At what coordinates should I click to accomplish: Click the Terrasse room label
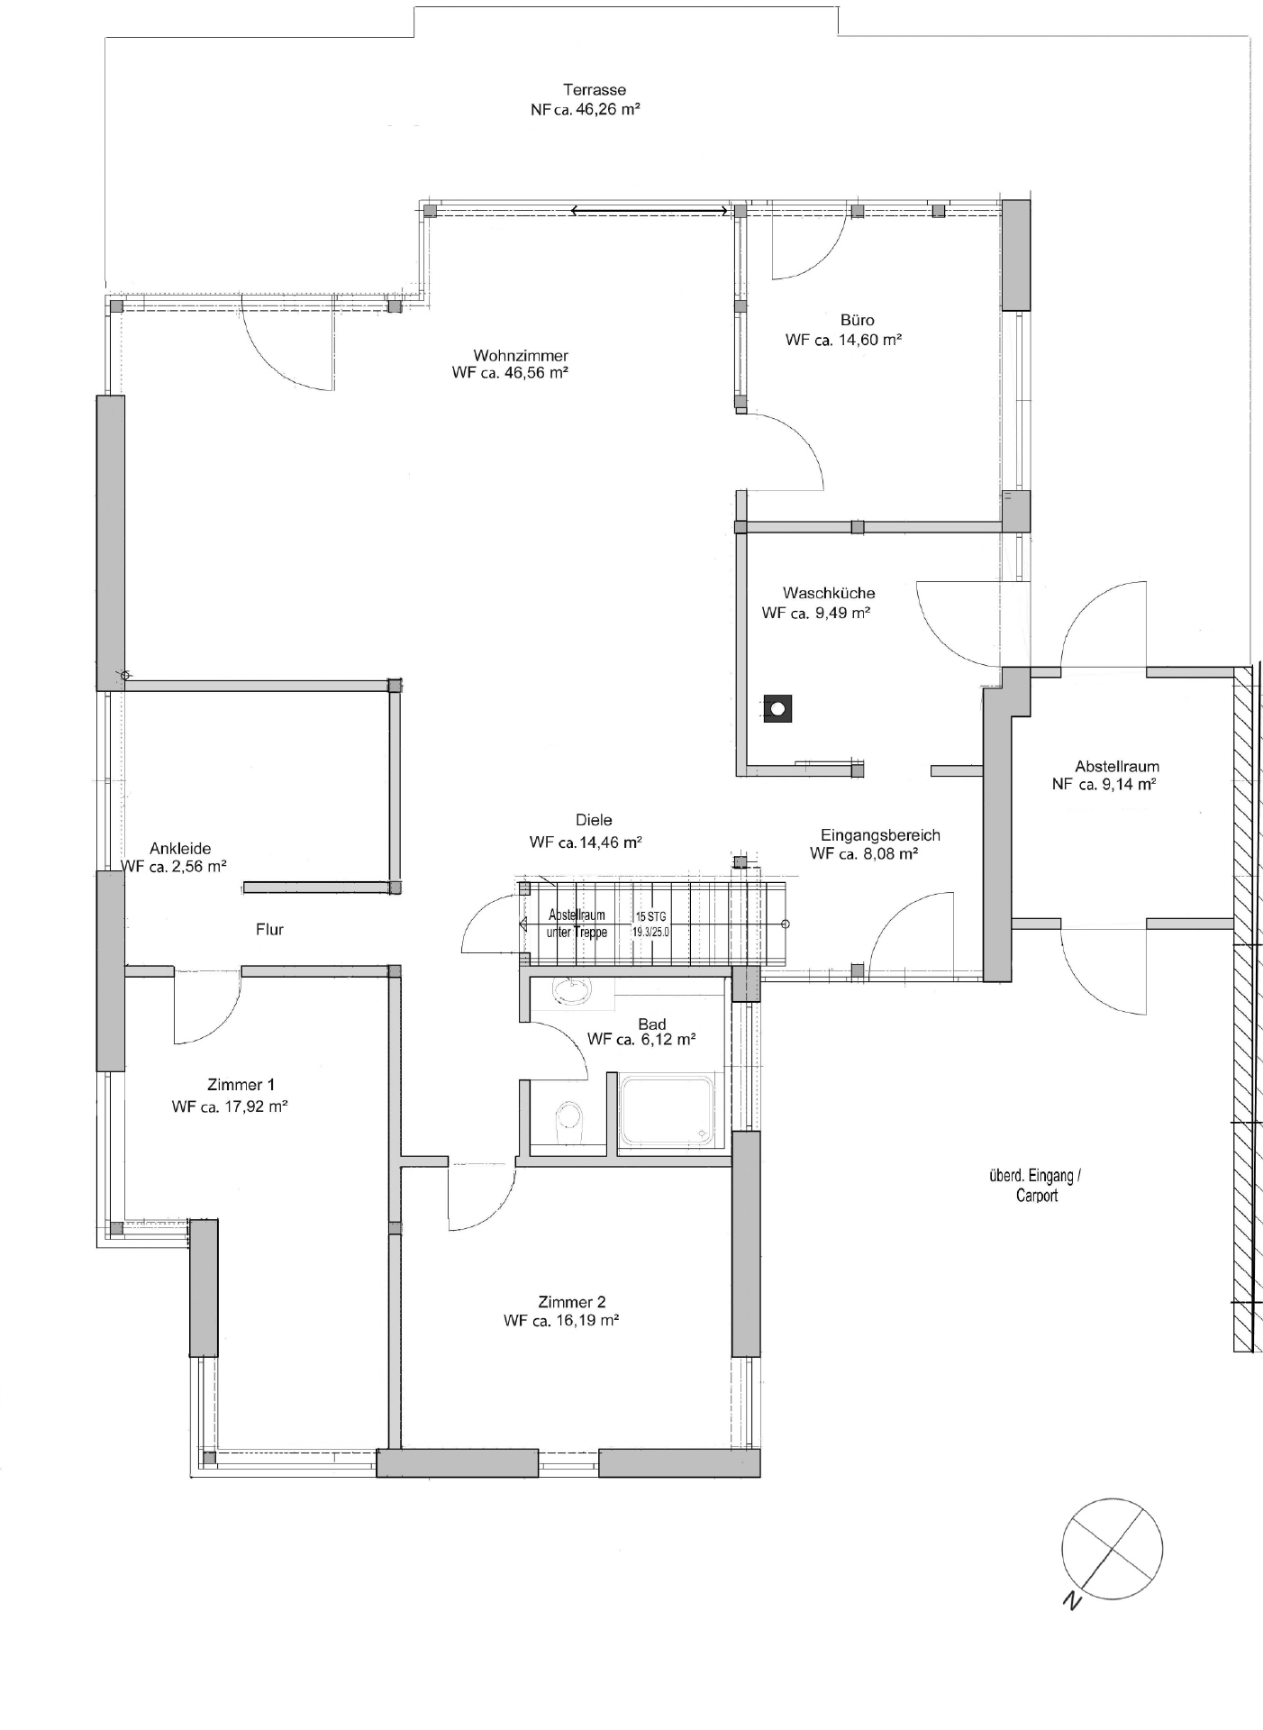click(x=595, y=90)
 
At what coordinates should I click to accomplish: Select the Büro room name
click(x=857, y=320)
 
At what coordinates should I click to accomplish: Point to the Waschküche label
click(x=829, y=593)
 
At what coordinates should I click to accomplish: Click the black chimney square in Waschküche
click(x=777, y=709)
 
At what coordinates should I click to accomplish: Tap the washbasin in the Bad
click(x=572, y=992)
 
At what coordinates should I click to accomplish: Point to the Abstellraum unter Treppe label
click(x=577, y=924)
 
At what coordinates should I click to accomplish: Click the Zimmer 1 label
click(x=241, y=1085)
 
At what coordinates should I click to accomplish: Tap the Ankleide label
click(x=180, y=849)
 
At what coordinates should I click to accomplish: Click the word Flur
click(x=269, y=929)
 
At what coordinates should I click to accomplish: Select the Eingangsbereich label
click(x=880, y=835)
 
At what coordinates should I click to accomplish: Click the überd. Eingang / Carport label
click(x=1036, y=1186)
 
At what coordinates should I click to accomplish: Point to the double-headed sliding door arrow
click(x=650, y=212)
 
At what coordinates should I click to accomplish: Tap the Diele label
click(x=594, y=820)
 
